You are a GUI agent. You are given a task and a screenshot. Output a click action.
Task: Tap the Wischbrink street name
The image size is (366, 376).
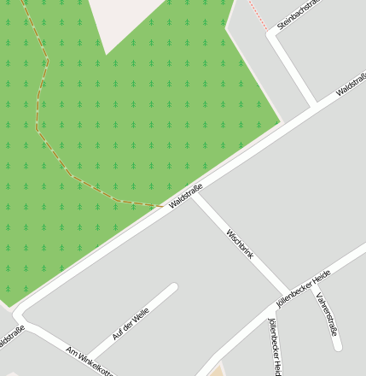240,243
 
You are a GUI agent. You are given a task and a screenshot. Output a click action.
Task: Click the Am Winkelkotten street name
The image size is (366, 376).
90,361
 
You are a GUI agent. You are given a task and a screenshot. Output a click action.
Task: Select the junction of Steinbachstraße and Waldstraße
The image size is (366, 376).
317,104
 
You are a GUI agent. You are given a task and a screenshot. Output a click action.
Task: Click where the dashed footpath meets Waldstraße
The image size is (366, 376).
163,207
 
